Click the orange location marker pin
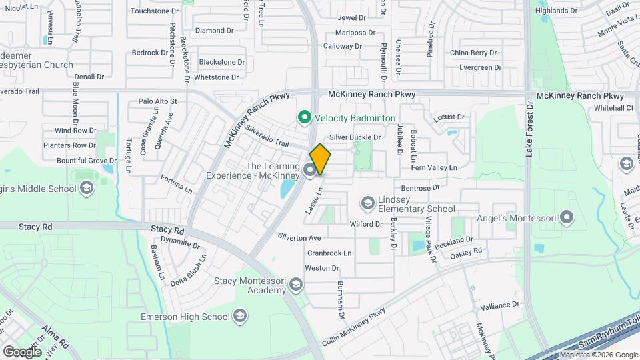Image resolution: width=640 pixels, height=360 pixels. point(320,159)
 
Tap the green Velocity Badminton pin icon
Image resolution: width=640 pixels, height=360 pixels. point(305,118)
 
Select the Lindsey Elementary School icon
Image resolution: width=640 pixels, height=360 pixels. point(367,202)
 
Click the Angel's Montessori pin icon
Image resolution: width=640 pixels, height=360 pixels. point(567,217)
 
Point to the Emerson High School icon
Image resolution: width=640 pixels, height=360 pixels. point(240,316)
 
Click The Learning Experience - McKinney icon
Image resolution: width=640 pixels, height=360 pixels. point(309,171)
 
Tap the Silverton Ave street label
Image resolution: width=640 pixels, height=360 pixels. point(299,237)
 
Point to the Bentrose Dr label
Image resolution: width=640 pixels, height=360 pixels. point(421,188)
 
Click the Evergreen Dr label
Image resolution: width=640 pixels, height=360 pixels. point(480,67)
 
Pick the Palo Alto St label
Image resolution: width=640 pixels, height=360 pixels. point(157,101)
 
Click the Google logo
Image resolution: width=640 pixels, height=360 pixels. point(21,351)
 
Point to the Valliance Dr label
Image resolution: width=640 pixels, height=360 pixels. point(499,305)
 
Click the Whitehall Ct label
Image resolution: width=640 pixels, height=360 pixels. point(613,108)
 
